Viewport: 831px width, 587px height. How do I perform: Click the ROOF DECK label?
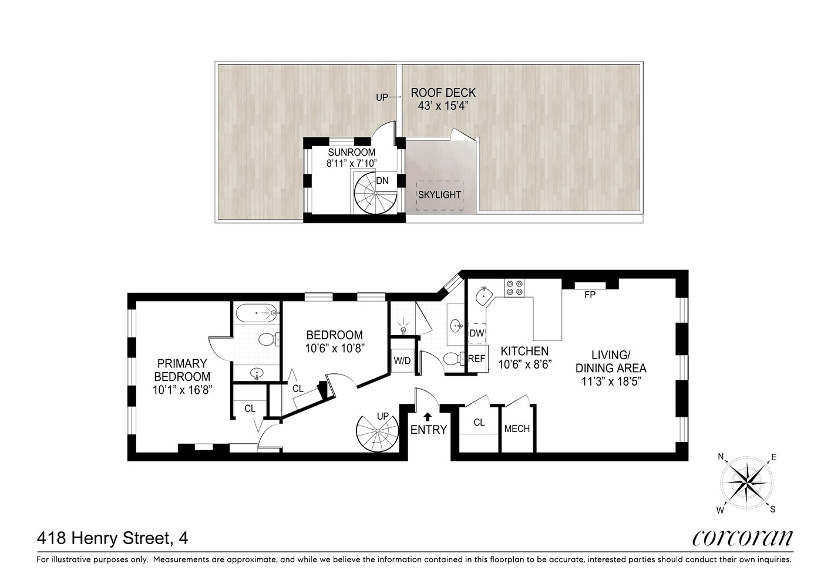pos(443,93)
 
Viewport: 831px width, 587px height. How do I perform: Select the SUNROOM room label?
pos(352,153)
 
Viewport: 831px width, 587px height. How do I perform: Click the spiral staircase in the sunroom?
pos(375,194)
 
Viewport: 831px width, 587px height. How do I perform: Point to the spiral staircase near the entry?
pos(377,430)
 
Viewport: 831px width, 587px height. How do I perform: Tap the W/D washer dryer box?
pos(402,360)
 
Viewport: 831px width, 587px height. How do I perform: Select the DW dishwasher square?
pos(477,333)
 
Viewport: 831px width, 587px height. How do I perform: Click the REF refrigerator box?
pos(477,359)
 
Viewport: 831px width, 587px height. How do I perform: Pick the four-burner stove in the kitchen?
pos(514,288)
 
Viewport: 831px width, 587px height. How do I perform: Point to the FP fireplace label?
pos(590,295)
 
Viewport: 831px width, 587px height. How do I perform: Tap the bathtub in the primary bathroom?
pos(257,313)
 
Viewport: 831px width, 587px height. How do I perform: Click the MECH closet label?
pos(517,429)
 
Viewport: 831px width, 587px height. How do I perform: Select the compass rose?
pos(747,483)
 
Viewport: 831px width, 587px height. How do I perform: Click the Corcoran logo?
pos(742,538)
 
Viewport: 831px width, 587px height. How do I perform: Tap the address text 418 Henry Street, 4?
pos(112,538)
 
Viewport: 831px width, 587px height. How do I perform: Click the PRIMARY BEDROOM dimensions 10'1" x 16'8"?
pos(182,390)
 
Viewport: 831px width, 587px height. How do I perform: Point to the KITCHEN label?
pos(524,351)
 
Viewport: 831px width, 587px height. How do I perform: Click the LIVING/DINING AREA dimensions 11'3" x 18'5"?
pos(611,381)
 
